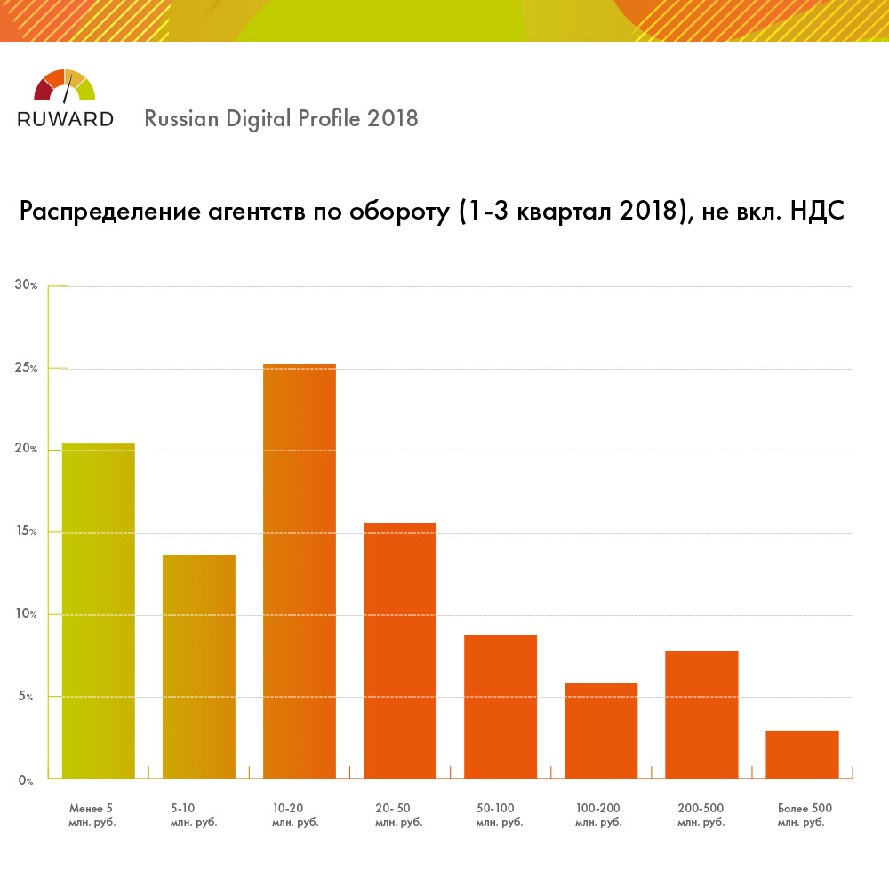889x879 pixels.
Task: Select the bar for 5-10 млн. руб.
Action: point(198,667)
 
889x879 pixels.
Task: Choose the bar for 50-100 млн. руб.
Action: point(500,707)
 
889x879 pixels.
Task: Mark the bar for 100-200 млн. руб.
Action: point(600,731)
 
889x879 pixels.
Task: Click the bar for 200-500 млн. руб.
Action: point(701,715)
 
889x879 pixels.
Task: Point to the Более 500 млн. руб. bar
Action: point(801,755)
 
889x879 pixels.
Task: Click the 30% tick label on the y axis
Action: point(25,285)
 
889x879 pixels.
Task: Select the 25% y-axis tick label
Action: point(25,368)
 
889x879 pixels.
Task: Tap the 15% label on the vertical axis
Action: point(25,532)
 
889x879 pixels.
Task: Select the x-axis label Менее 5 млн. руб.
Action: point(92,815)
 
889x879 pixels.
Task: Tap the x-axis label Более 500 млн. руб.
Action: point(804,815)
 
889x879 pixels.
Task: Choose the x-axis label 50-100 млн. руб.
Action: point(499,815)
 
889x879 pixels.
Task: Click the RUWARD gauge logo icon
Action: point(64,86)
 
